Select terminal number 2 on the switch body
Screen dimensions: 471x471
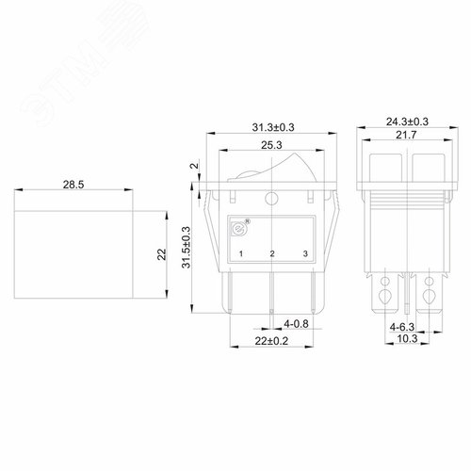tap(271, 255)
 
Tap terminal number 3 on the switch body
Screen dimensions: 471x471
tap(302, 255)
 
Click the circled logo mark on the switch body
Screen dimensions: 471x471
tap(237, 228)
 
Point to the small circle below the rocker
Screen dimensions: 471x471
tap(271, 198)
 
